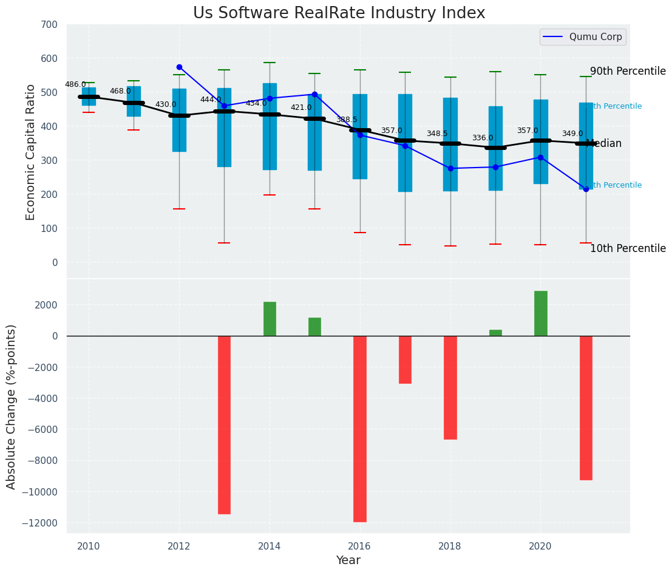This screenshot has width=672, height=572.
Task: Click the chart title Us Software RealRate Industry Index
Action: [x=339, y=13]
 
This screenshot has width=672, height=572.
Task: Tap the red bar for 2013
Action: [x=224, y=425]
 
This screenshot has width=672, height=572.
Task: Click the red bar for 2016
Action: [x=360, y=429]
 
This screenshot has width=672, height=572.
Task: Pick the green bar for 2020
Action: [x=540, y=313]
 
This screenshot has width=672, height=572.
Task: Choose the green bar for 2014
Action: [x=270, y=319]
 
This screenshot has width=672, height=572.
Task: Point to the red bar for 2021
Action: [x=586, y=408]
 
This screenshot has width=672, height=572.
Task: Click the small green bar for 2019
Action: [x=495, y=333]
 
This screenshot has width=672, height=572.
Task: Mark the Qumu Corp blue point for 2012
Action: [x=179, y=67]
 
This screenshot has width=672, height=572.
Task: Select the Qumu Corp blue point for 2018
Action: [x=450, y=168]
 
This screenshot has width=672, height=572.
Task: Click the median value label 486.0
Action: [x=75, y=85]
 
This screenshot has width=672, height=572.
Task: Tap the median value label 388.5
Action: [x=347, y=120]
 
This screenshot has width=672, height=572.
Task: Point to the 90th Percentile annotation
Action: [x=628, y=71]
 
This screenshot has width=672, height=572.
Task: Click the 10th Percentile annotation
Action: [x=628, y=248]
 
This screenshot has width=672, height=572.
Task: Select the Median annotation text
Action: [x=603, y=144]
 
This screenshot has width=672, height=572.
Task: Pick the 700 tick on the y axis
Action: [x=49, y=25]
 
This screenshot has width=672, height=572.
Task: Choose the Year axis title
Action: [x=348, y=560]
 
